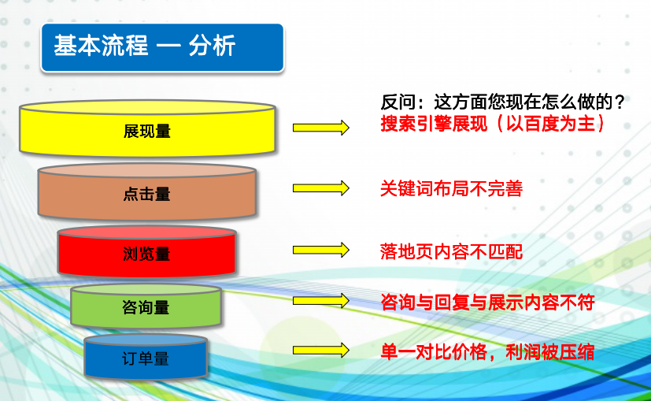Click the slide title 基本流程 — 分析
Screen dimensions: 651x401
(145, 45)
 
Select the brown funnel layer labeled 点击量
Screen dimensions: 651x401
(147, 191)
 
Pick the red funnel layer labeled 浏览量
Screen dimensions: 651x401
(147, 251)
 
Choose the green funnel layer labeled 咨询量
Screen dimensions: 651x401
(146, 306)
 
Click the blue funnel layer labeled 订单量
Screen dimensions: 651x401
(146, 357)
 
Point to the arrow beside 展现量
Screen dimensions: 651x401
(321, 128)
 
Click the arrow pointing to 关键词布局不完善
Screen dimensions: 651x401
(321, 188)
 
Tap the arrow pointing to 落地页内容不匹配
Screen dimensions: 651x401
(321, 250)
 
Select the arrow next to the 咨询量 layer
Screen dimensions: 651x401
(321, 300)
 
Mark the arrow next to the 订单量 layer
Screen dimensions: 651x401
(321, 351)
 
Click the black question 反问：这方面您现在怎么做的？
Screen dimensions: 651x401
(503, 102)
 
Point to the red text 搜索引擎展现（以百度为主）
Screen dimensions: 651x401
(493, 124)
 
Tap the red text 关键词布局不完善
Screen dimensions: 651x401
(451, 188)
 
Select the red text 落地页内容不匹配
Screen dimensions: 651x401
(451, 252)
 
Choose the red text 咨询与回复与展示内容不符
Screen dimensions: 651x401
(488, 303)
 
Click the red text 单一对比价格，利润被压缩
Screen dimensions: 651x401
(487, 352)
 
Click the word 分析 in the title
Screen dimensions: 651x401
(213, 45)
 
